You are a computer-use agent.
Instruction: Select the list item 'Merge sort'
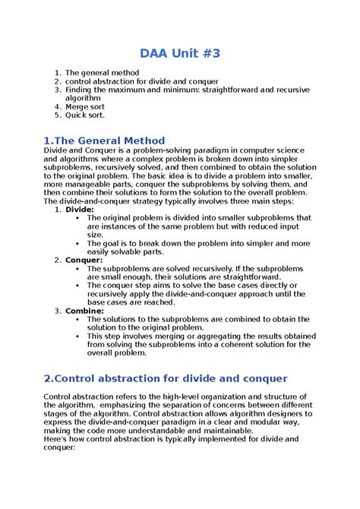85,107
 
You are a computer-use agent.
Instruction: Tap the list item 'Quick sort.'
86,115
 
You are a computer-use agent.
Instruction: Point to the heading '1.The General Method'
104,141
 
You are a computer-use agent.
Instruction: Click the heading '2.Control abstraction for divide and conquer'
166,378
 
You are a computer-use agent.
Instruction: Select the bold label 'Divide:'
80,209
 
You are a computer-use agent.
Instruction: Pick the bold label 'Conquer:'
84,260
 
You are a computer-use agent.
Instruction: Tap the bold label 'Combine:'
84,311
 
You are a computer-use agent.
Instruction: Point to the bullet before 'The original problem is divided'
78,218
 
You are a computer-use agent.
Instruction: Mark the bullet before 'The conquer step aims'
78,286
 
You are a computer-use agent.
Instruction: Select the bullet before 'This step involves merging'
78,337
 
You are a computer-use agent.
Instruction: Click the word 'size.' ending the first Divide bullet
96,235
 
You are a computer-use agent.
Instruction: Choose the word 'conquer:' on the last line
61,447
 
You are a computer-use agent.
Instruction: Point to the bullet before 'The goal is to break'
78,243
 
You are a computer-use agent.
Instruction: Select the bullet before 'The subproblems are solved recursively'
78,269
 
